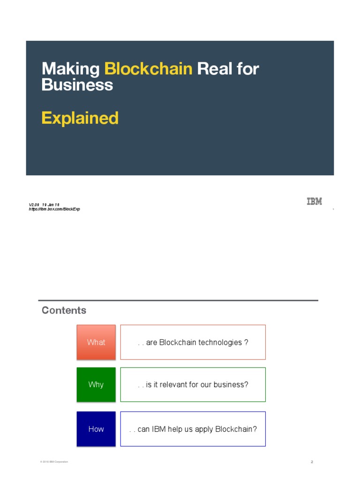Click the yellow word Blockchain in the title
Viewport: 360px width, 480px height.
tap(148, 69)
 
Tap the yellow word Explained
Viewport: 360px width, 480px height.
tap(80, 118)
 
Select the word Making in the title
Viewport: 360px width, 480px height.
tap(70, 69)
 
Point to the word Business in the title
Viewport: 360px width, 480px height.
tap(77, 85)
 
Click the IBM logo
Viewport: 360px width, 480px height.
tap(314, 202)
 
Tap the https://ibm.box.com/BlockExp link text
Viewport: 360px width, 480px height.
tap(54, 209)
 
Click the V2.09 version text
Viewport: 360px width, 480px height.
tap(34, 205)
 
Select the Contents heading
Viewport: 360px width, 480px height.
tap(64, 310)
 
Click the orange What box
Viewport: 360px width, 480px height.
tap(96, 342)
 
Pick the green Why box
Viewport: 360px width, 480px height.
tap(96, 384)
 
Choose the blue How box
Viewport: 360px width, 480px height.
tap(96, 429)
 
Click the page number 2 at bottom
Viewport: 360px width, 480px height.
tap(312, 462)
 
